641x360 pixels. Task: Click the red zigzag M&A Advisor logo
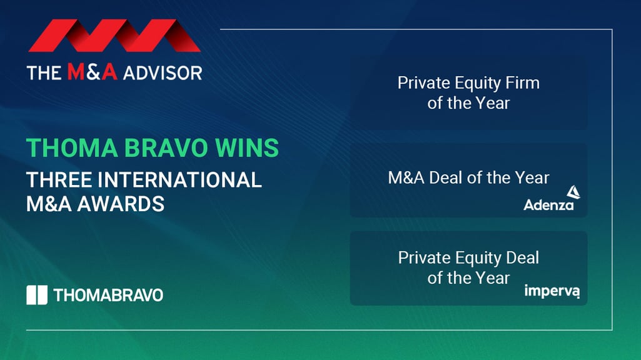click(114, 36)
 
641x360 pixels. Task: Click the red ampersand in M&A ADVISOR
click(93, 72)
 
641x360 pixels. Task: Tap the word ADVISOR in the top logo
click(162, 72)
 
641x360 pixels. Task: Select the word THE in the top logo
click(44, 72)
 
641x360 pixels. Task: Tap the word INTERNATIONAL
click(183, 180)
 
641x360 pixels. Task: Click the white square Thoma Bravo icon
click(37, 295)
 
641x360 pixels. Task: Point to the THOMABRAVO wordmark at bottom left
click(108, 295)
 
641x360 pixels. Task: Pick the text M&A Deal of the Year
click(468, 177)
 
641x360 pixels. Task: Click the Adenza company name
click(548, 204)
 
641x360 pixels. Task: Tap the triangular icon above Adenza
click(573, 192)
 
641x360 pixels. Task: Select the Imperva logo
click(552, 291)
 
